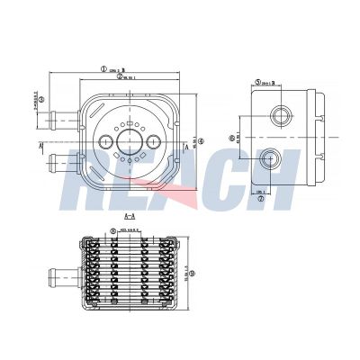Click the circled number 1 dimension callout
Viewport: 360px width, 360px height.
click(103, 67)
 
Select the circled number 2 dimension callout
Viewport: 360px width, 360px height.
click(119, 76)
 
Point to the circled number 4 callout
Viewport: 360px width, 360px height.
click(202, 139)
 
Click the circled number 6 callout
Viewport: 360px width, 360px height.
click(232, 138)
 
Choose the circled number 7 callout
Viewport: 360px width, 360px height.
click(261, 199)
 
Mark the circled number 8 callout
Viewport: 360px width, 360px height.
click(112, 230)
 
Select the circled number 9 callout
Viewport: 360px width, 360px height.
click(191, 274)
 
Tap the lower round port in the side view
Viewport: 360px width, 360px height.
click(269, 159)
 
